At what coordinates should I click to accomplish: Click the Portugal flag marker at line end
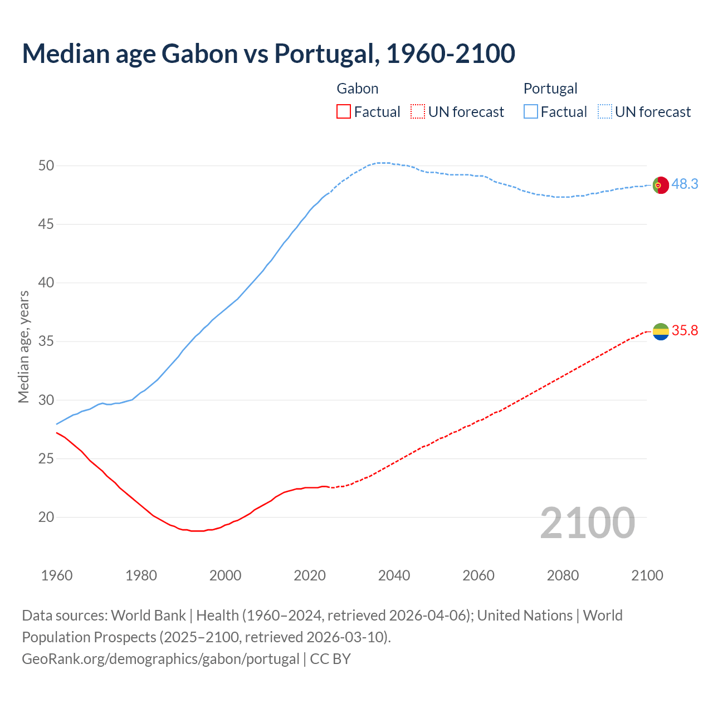tap(660, 185)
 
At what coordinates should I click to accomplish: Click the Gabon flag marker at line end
tap(660, 331)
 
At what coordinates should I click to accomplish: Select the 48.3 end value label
tap(685, 184)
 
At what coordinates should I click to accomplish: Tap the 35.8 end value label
tap(685, 330)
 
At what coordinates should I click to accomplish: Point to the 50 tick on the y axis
tap(46, 165)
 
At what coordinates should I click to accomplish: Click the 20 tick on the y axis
tap(46, 517)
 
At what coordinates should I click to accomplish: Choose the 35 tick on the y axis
tap(46, 341)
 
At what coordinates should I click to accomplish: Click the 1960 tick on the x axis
tap(57, 575)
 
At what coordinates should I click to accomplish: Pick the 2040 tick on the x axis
tap(394, 575)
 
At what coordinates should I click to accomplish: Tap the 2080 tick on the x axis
tap(563, 575)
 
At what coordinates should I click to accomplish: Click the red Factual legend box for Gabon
tap(344, 112)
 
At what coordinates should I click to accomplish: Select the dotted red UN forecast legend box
tap(418, 112)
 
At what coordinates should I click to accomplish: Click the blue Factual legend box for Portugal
tap(531, 112)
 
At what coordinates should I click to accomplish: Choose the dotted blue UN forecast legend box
tap(604, 112)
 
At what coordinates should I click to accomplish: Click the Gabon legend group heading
tap(358, 89)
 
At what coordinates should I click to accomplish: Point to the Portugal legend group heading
tap(550, 89)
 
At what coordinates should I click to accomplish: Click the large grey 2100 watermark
tap(587, 522)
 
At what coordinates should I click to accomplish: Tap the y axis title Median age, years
tap(23, 346)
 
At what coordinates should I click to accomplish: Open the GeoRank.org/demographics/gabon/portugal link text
tap(160, 659)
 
